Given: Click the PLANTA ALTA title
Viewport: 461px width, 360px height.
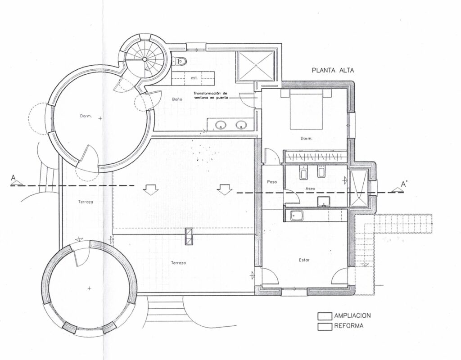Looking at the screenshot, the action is coord(333,71).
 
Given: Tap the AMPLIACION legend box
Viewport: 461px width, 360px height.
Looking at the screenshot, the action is coord(325,316).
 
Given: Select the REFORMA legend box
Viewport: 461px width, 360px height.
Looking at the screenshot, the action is coord(325,327).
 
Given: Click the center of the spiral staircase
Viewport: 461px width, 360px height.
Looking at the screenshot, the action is coord(145,59).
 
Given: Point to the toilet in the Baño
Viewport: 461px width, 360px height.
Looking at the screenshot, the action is coord(180,61).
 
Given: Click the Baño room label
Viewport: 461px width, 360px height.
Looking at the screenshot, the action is coord(177,99).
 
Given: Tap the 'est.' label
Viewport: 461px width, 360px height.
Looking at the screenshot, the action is coord(194,78).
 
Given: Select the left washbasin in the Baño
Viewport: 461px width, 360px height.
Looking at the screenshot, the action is coord(220,126).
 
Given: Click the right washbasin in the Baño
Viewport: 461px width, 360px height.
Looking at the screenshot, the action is coord(241,126).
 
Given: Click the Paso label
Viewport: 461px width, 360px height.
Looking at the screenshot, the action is coord(272,182).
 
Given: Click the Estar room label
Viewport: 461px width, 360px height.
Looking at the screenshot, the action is coord(304,260).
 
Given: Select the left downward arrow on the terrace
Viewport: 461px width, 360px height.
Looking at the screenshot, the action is coord(151,190).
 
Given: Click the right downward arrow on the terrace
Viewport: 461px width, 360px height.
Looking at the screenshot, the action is coord(225,190).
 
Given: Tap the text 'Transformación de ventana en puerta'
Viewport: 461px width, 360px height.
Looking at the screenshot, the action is coord(210,95).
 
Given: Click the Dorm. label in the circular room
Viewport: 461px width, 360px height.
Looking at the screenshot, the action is coord(86,116).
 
